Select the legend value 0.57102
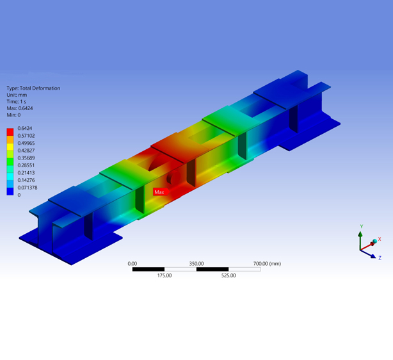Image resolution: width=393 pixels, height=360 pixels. (26, 136)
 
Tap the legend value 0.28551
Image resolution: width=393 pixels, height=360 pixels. (26, 165)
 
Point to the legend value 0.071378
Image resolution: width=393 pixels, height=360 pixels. (28, 188)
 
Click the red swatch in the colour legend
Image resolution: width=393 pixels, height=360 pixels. (10, 132)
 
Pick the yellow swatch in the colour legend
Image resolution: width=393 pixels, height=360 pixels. (10, 147)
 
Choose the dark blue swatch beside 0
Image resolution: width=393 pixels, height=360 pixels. (10, 192)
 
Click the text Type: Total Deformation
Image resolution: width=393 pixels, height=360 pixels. (33, 88)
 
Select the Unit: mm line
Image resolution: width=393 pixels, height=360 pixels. (17, 95)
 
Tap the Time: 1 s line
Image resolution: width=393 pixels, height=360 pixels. (17, 102)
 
